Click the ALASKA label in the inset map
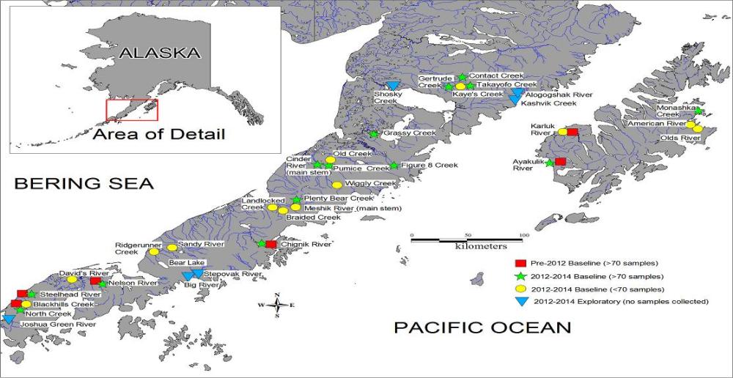(x=159, y=53)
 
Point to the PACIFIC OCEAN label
(x=482, y=327)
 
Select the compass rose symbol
(x=277, y=305)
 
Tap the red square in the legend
(x=521, y=263)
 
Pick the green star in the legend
(x=521, y=276)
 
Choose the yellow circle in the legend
(x=521, y=289)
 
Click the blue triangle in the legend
(x=521, y=301)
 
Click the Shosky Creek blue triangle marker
(x=393, y=86)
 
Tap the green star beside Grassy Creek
(x=373, y=134)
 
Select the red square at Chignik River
(x=270, y=245)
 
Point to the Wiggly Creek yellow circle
(x=337, y=185)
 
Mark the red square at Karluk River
(x=573, y=132)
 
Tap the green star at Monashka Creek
(x=699, y=111)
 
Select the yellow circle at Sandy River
(x=172, y=248)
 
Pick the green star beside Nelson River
(x=103, y=283)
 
